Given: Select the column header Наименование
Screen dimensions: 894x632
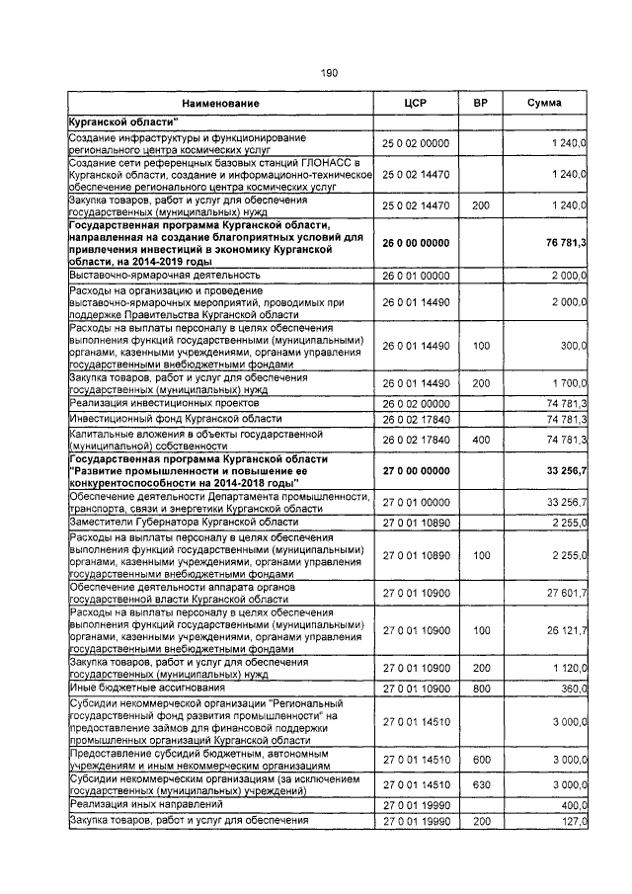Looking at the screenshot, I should (220, 104).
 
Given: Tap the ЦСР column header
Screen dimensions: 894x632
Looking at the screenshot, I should (415, 104).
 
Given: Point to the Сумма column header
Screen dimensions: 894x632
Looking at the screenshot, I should (544, 104).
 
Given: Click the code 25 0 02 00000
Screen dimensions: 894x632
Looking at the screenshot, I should (416, 144).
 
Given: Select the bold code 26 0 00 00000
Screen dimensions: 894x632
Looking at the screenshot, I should (416, 243).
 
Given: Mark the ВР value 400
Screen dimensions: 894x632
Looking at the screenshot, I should (481, 440).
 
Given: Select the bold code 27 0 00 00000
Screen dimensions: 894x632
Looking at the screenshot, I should (416, 470).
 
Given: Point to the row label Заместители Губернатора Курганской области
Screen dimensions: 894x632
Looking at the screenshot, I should (184, 522).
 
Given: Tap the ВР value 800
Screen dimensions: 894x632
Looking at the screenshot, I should (481, 687).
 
